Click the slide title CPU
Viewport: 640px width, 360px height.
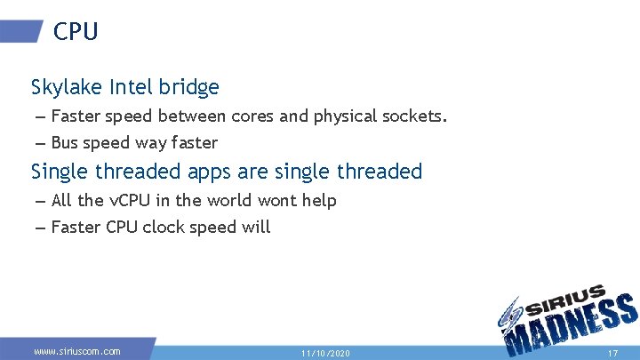pyautogui.click(x=76, y=32)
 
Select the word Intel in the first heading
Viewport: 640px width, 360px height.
pyautogui.click(x=132, y=87)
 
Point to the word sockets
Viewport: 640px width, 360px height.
pyautogui.click(x=415, y=116)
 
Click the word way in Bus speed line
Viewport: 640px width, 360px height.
pyautogui.click(x=152, y=143)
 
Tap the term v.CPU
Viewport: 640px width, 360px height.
pyautogui.click(x=132, y=201)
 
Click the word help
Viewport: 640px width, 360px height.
pyautogui.click(x=318, y=201)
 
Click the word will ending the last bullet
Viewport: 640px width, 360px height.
pyautogui.click(x=256, y=228)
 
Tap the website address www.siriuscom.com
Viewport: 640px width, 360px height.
pyautogui.click(x=76, y=352)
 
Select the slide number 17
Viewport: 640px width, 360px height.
pyautogui.click(x=612, y=353)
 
